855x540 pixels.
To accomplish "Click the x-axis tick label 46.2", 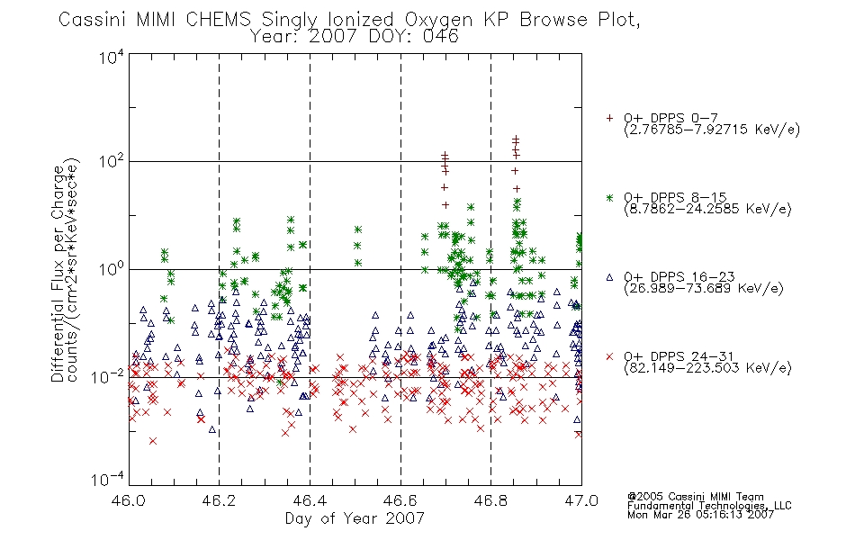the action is [219, 500].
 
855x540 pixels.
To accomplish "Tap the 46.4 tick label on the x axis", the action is [310, 500].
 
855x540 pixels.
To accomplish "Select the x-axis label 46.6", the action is [400, 500].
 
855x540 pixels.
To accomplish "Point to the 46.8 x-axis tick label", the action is [490, 500].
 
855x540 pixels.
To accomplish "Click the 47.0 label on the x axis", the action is [581, 500].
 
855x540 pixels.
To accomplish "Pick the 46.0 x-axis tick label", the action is [130, 500].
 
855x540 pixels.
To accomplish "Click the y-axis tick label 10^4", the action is [112, 57].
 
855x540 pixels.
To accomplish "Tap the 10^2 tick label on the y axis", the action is [112, 161].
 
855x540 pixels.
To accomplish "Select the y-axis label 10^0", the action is [112, 269].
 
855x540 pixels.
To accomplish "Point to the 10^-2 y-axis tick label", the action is [108, 376].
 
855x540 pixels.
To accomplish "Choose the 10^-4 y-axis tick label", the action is [108, 480].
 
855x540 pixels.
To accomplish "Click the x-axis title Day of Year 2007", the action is [355, 518].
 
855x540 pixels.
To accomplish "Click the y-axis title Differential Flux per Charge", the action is [58, 274].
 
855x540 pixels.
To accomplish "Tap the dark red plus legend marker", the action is [609, 118].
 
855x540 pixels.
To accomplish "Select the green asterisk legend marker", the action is [609, 197].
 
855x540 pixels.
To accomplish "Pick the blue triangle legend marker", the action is [609, 277].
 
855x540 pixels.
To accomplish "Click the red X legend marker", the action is [609, 356].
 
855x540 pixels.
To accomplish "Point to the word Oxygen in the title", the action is [438, 21].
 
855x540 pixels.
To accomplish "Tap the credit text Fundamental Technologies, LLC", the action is [709, 506].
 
